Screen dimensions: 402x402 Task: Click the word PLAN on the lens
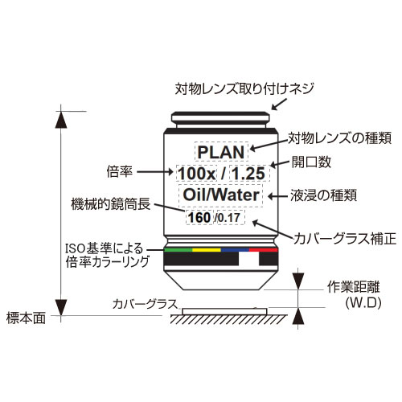pos(221,152)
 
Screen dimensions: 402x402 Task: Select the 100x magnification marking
pos(197,174)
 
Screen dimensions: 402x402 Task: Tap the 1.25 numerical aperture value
pos(248,174)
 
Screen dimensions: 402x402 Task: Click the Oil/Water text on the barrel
pos(221,195)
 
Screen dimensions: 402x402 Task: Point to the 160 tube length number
pos(199,217)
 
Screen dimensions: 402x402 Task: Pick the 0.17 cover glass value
pos(228,218)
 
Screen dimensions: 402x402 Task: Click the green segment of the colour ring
pos(178,250)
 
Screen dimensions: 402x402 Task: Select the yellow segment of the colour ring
pos(207,250)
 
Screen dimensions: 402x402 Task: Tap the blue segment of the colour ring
pos(235,250)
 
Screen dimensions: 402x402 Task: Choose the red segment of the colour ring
pos(264,250)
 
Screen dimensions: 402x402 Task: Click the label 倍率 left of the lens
pos(120,171)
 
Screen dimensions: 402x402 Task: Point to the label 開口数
pos(311,162)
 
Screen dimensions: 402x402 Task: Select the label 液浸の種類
pos(324,195)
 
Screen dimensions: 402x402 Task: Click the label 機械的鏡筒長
pos(111,204)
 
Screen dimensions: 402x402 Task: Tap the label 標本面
pos(26,318)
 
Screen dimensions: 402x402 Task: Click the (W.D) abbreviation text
pos(363,303)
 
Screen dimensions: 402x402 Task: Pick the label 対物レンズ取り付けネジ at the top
pos(244,88)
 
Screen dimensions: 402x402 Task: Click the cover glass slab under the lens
pos(224,311)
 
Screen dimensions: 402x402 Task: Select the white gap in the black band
pos(248,259)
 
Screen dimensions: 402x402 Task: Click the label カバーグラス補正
pos(345,239)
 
